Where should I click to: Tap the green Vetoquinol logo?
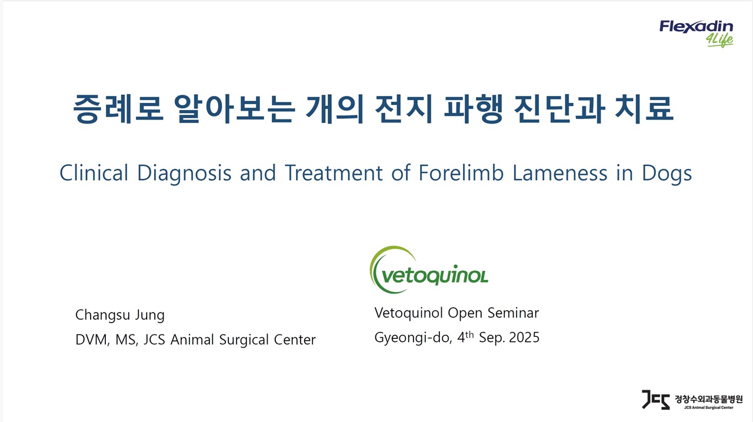[x=429, y=270]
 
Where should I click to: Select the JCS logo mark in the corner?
[x=655, y=400]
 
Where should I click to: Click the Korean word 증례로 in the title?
[x=118, y=109]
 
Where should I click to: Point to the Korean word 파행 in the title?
[x=474, y=109]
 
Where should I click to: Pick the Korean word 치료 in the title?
[x=644, y=109]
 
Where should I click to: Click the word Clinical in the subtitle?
[x=94, y=173]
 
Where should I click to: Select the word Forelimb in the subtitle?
[x=461, y=173]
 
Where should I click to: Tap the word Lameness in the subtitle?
[x=559, y=173]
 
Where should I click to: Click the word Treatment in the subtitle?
[x=334, y=173]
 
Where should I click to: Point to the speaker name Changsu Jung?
[x=120, y=315]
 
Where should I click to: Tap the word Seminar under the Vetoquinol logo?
[x=513, y=313]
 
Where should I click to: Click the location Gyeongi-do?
[x=413, y=338]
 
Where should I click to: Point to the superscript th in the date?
[x=469, y=334]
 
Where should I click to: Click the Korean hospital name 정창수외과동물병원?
[x=709, y=399]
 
